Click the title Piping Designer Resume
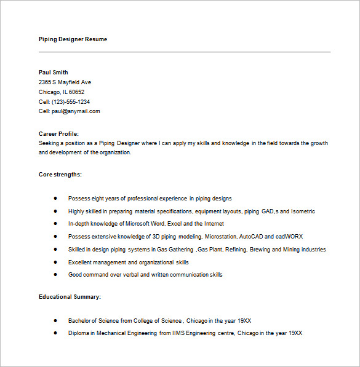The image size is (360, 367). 73,39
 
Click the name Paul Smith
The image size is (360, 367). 54,73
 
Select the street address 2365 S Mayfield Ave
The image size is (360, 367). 65,82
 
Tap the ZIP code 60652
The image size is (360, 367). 77,92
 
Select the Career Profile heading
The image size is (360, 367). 58,133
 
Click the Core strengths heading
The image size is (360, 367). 60,175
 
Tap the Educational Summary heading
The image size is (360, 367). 70,297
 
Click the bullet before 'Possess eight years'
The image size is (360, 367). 55,199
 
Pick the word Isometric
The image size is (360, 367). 303,211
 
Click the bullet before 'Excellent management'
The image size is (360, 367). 55,262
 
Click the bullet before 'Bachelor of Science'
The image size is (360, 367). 55,320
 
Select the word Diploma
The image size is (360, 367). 79,333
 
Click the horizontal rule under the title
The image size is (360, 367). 185,52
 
